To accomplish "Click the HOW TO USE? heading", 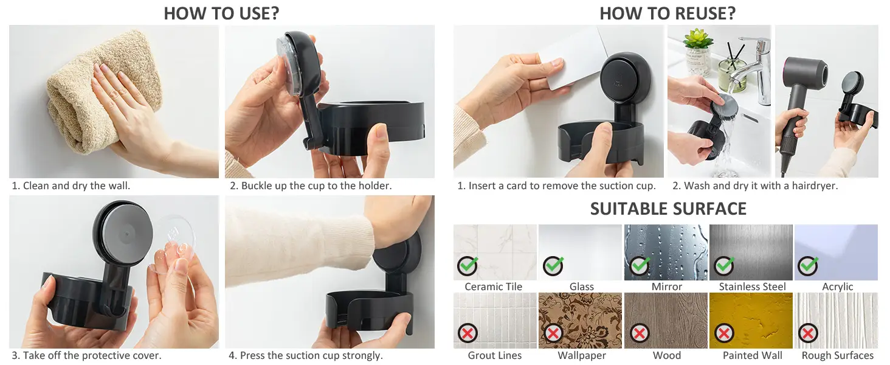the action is click(x=221, y=13).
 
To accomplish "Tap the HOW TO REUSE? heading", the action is click(x=667, y=13).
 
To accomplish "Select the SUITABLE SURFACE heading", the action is click(x=668, y=209).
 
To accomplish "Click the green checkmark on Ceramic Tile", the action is click(x=467, y=266).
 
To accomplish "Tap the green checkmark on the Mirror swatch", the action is click(x=640, y=266).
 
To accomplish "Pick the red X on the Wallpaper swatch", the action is click(x=553, y=333).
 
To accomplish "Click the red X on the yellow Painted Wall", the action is click(x=724, y=333).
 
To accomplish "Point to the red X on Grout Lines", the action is click(x=467, y=333).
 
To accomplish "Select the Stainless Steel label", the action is click(x=752, y=287).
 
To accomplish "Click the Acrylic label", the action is click(x=838, y=287).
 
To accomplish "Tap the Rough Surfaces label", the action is click(x=838, y=355).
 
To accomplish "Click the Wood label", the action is click(x=667, y=355).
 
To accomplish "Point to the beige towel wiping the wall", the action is click(x=99, y=91).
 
